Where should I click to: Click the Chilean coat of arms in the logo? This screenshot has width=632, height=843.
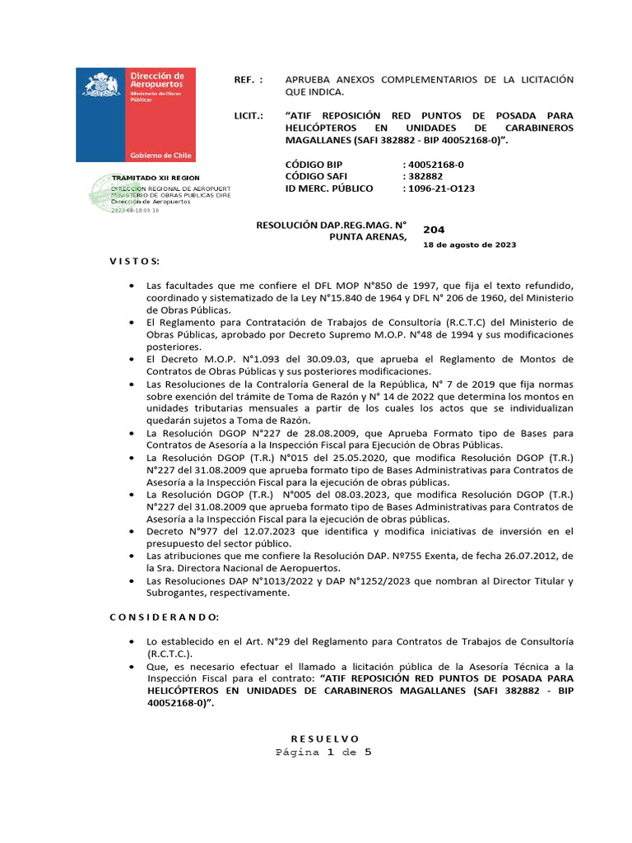click(x=101, y=89)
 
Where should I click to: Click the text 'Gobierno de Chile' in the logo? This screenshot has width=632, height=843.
click(x=160, y=156)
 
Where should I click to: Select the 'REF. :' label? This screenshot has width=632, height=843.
click(x=249, y=79)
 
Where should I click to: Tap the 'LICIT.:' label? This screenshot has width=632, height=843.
click(x=249, y=116)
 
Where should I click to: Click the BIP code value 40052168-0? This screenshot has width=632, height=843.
click(x=434, y=165)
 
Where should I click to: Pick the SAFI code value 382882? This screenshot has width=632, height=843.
click(x=423, y=176)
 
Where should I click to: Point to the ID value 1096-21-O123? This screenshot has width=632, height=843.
click(x=439, y=189)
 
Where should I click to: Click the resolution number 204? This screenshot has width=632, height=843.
click(x=434, y=230)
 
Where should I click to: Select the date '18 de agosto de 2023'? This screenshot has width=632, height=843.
click(x=469, y=245)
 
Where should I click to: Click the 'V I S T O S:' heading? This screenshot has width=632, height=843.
click(x=135, y=261)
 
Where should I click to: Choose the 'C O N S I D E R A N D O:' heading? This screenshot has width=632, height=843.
click(x=165, y=617)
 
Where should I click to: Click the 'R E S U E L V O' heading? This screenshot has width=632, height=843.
click(x=325, y=738)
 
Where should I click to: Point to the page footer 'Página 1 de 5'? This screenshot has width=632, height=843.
click(x=324, y=752)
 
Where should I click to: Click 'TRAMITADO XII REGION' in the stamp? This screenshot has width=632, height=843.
click(x=156, y=178)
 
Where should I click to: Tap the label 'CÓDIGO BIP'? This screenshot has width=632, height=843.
click(x=314, y=165)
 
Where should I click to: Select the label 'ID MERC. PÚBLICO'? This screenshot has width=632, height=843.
click(x=328, y=189)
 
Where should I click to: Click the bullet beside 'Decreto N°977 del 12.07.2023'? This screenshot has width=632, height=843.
click(x=132, y=532)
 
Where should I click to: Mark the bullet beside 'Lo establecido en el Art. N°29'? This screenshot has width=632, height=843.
click(x=132, y=641)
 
